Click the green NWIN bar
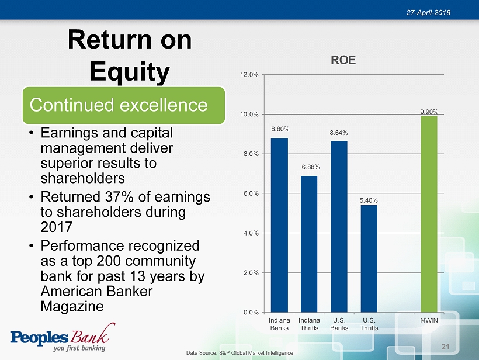click(429, 214)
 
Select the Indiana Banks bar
click(279, 225)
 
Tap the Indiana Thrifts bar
click(309, 244)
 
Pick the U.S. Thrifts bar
click(369, 258)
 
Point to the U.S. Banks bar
click(339, 226)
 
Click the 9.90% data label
click(429, 112)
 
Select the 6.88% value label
click(311, 167)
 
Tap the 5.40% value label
click(369, 200)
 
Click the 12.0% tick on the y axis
click(249, 75)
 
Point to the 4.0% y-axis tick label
click(251, 233)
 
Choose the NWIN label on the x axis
click(429, 320)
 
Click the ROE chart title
click(343, 60)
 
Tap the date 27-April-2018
click(428, 12)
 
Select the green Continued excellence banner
click(124, 105)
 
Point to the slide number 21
click(445, 347)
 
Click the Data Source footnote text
click(239, 353)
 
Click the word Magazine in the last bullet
click(72, 306)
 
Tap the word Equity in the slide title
click(130, 71)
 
